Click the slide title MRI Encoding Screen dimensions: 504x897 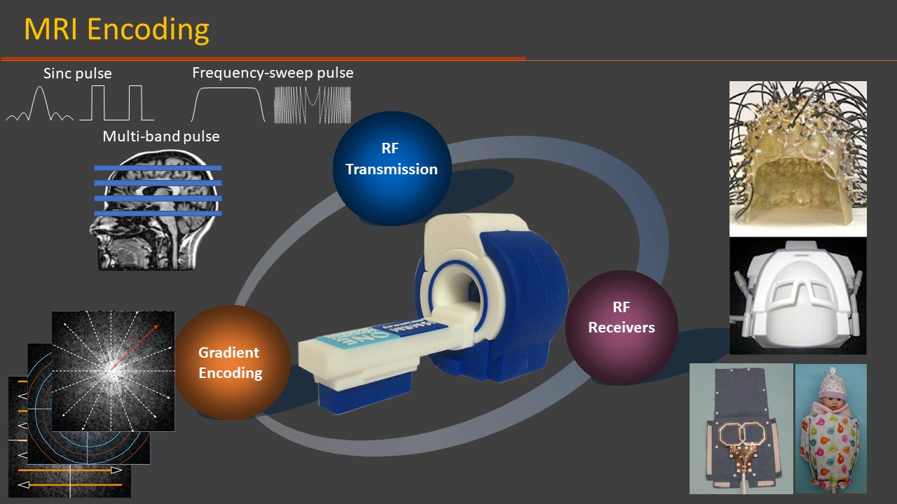pyautogui.click(x=116, y=30)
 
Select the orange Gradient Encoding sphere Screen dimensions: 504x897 pyautogui.click(x=229, y=362)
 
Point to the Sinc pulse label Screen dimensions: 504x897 pyautogui.click(x=77, y=73)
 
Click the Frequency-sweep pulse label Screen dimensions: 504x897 pyautogui.click(x=273, y=73)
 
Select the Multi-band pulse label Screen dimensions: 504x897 pyautogui.click(x=161, y=136)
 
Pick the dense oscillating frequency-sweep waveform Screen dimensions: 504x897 pyautogui.click(x=312, y=104)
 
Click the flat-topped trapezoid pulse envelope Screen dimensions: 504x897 pyautogui.click(x=228, y=104)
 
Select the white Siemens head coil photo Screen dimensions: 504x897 pyautogui.click(x=797, y=295)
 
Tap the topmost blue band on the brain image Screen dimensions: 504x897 pyautogui.click(x=158, y=168)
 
